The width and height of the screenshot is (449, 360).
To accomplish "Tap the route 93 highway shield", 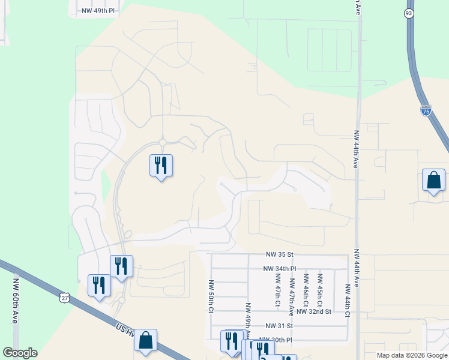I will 409,13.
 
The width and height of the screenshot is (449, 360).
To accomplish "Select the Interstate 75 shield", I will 425,111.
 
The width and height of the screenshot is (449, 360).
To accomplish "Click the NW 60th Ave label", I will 15,301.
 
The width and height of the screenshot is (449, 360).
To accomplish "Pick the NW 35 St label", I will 280,255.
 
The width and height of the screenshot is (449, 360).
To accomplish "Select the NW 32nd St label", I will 314,312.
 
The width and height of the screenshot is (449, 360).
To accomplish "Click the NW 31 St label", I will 279,326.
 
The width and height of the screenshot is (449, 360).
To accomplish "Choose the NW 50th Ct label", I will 211,296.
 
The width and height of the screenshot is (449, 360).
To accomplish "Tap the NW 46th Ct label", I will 306,288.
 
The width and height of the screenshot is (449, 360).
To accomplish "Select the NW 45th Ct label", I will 320,288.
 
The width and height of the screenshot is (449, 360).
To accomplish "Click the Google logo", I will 20,353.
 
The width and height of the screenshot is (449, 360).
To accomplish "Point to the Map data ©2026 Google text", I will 412,355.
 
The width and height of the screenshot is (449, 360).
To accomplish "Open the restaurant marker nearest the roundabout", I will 161,165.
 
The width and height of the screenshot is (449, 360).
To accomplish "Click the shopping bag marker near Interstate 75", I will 433,180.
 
